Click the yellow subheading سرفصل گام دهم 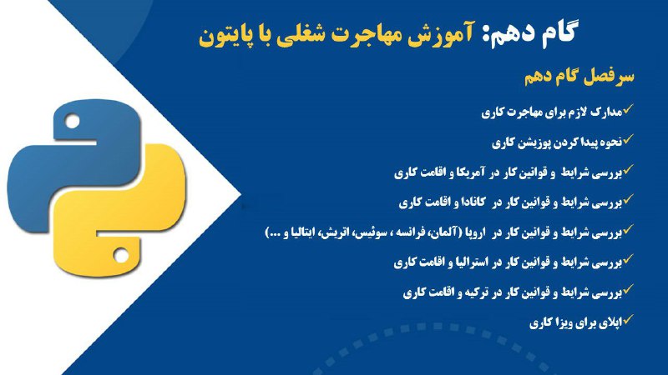(x=579, y=77)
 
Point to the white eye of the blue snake (x=73, y=121)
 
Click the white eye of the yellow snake (x=120, y=255)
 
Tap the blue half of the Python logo (x=73, y=166)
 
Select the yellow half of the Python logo (x=120, y=211)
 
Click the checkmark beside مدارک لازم (x=629, y=109)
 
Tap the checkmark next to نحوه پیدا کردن (x=629, y=139)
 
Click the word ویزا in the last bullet (x=559, y=323)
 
